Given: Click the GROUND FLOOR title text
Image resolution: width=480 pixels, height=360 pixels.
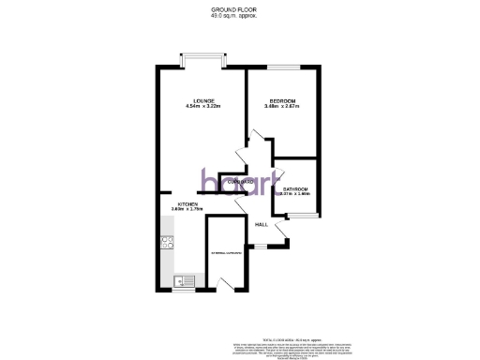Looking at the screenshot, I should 239,9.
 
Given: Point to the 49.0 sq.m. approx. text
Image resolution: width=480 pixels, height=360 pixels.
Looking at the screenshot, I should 239,16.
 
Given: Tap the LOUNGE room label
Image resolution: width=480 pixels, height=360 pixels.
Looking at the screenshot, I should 203,100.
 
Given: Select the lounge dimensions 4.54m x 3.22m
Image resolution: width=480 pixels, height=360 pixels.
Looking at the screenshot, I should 203,107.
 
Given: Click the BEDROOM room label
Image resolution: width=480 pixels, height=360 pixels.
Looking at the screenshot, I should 281,100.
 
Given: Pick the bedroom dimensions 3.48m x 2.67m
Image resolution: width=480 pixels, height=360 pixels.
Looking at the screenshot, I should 281,107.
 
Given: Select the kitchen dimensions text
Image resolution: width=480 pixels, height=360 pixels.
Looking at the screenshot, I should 187,209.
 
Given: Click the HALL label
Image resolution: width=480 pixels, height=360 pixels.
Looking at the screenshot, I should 262,224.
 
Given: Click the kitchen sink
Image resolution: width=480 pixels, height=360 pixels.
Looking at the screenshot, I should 184,279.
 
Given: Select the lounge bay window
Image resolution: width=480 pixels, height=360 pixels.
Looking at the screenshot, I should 202,58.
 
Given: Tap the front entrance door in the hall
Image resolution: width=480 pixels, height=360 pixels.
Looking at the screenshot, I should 277,247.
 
